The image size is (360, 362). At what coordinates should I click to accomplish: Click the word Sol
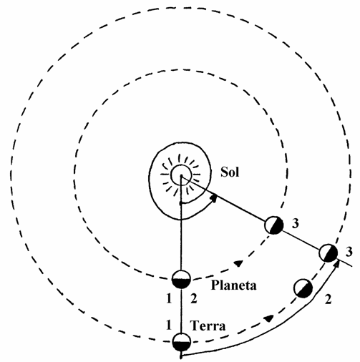pyautogui.click(x=230, y=172)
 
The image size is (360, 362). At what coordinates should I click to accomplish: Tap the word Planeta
pyautogui.click(x=234, y=285)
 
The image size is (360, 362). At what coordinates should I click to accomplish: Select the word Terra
pyautogui.click(x=208, y=326)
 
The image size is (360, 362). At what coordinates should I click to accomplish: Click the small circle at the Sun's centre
pyautogui.click(x=181, y=175)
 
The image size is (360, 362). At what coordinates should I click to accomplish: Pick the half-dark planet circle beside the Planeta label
pyautogui.click(x=181, y=279)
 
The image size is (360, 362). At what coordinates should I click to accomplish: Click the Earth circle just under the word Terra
pyautogui.click(x=182, y=343)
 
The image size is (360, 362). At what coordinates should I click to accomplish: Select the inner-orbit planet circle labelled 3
pyautogui.click(x=273, y=225)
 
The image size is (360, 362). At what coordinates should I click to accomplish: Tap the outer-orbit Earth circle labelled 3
pyautogui.click(x=329, y=253)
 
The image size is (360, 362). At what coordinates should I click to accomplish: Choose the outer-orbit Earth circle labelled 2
pyautogui.click(x=303, y=288)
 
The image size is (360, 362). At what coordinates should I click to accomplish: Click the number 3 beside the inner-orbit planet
pyautogui.click(x=296, y=224)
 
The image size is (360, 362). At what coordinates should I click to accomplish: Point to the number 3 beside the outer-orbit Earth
pyautogui.click(x=349, y=252)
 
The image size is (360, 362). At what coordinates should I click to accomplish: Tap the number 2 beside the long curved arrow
pyautogui.click(x=329, y=299)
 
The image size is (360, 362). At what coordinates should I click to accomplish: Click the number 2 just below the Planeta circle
pyautogui.click(x=194, y=298)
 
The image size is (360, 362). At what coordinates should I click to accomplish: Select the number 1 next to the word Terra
pyautogui.click(x=169, y=325)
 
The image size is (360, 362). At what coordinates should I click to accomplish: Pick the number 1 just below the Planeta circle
pyautogui.click(x=169, y=298)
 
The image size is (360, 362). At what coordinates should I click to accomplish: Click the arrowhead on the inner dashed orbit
pyautogui.click(x=238, y=263)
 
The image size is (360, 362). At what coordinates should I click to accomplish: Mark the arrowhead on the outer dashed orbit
pyautogui.click(x=269, y=318)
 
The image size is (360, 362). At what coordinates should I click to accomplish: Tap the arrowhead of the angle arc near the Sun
pyautogui.click(x=214, y=198)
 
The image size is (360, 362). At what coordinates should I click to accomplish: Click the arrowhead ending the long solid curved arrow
pyautogui.click(x=337, y=264)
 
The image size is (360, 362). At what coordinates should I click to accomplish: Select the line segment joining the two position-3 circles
pyautogui.click(x=301, y=239)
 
